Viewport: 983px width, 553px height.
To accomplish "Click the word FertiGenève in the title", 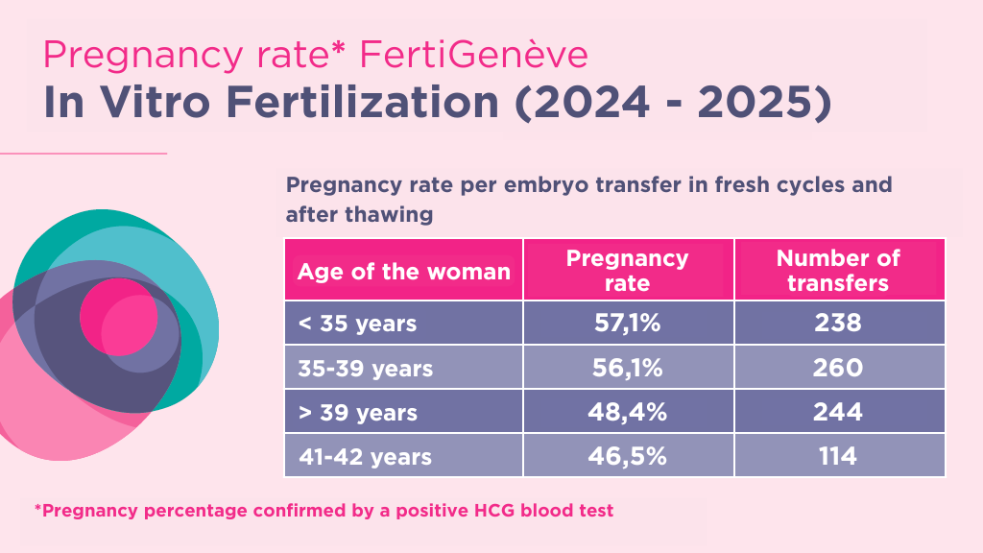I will (473, 56).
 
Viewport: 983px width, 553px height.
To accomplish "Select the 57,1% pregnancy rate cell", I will (628, 323).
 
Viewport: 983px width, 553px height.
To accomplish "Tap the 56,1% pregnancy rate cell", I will (628, 368).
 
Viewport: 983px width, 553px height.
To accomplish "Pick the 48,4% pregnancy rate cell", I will (628, 412).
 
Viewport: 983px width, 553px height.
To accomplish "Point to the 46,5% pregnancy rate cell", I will (628, 456).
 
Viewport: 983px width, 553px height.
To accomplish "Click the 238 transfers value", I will (838, 323).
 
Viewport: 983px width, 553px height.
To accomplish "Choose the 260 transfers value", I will (838, 368).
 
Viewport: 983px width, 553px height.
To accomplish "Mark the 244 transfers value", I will (838, 412).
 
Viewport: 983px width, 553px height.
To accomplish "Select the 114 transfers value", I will (838, 456).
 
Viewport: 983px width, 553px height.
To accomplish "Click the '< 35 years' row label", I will (357, 324).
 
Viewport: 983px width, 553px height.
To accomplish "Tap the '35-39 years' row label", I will (366, 368).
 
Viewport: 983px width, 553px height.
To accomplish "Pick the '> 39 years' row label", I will (357, 413).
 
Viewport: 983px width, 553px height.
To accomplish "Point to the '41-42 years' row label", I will (365, 457).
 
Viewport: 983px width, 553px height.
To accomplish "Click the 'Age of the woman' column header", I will (403, 272).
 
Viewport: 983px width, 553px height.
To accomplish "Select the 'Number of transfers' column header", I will (838, 271).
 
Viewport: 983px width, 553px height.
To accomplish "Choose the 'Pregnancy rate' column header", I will (628, 271).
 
